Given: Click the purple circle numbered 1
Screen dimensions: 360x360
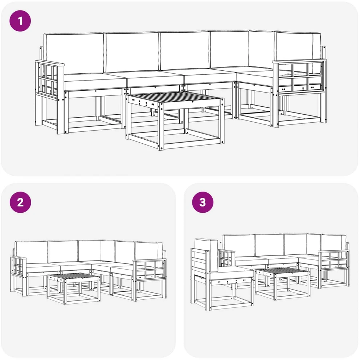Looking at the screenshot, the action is click(20, 21).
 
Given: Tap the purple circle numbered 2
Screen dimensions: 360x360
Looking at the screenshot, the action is click(20, 202).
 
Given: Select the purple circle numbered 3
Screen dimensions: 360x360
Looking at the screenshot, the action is click(202, 202).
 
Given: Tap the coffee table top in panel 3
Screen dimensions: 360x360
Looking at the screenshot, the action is click(283, 271).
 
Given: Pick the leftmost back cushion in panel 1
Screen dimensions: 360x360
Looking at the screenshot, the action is click(74, 53).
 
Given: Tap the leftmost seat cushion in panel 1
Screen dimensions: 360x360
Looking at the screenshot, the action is click(95, 82).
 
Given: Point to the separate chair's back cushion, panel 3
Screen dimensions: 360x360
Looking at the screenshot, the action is click(206, 254).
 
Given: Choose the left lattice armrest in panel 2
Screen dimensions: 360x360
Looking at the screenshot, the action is click(18, 266).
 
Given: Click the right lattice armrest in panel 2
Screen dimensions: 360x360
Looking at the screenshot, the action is click(149, 269).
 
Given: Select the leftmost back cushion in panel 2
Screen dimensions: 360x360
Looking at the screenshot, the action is click(32, 252).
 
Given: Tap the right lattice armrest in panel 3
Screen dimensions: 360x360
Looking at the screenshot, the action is click(333, 259).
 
